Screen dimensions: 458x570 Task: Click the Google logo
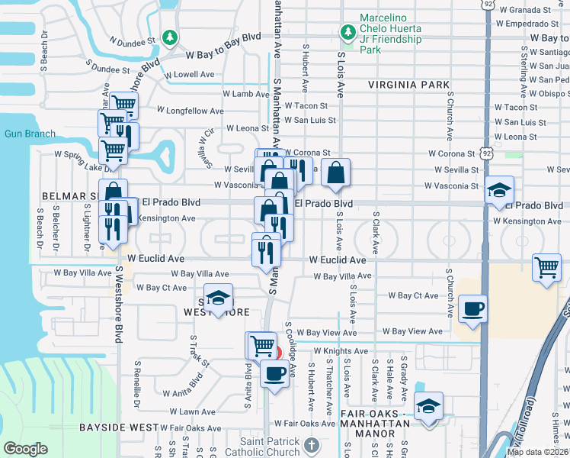[x=25, y=449]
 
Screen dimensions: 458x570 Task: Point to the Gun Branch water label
[x=30, y=134]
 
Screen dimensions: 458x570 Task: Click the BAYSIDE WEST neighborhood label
[x=122, y=427]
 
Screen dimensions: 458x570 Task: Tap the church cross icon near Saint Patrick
[x=310, y=444]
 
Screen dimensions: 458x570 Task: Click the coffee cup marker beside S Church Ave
[x=472, y=308]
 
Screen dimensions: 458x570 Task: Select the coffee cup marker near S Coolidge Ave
[x=274, y=373]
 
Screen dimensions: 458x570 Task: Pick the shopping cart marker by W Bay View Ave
[x=261, y=345]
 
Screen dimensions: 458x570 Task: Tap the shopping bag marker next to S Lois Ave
[x=335, y=173]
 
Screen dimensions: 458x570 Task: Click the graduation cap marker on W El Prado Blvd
[x=499, y=190]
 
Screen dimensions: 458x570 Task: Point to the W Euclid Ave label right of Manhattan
[x=338, y=260]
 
